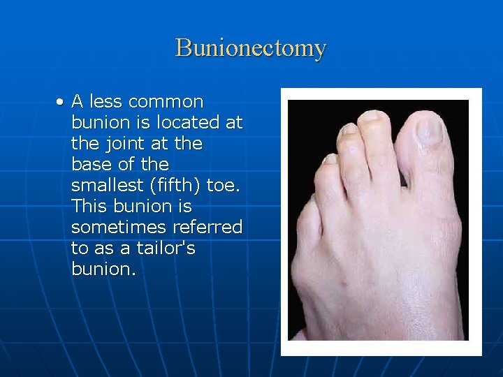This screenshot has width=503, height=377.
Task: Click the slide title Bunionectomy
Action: pyautogui.click(x=251, y=48)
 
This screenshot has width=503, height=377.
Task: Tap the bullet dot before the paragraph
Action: pyautogui.click(x=62, y=103)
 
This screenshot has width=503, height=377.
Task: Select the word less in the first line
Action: pyautogui.click(x=105, y=102)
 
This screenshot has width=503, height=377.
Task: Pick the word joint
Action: pyautogui.click(x=118, y=144)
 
